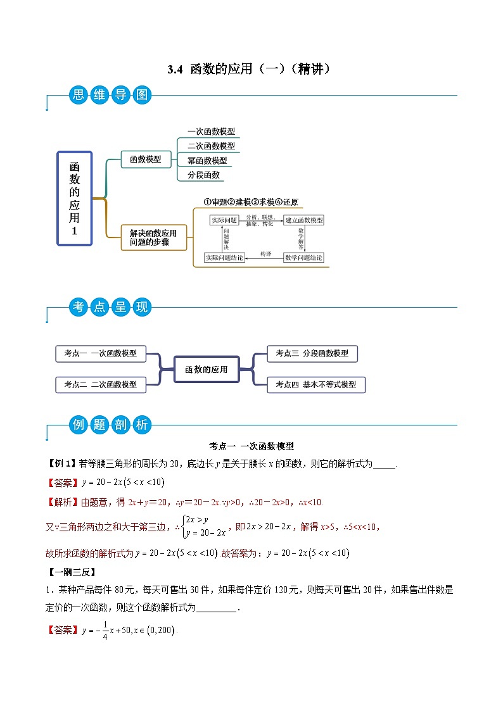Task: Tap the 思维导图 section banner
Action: (x=110, y=96)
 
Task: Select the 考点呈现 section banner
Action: (x=110, y=308)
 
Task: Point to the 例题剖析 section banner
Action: (x=110, y=425)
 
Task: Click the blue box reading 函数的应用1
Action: (x=75, y=198)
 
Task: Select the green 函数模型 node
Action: (x=145, y=160)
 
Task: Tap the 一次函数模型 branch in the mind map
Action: (x=211, y=132)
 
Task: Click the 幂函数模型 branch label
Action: (x=207, y=161)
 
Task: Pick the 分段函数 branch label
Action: (x=203, y=175)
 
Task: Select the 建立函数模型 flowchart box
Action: (x=304, y=220)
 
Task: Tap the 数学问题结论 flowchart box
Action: (x=303, y=258)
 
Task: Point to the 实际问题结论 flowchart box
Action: (x=224, y=258)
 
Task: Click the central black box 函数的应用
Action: (x=206, y=369)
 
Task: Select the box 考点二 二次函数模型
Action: (x=100, y=384)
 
